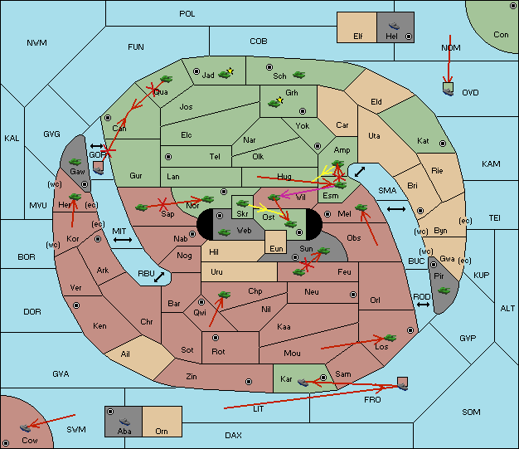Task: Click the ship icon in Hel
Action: tap(394, 26)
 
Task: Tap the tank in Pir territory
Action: tap(444, 290)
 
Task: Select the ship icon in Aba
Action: tap(124, 422)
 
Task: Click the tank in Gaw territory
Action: tap(75, 162)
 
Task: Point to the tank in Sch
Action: tap(299, 74)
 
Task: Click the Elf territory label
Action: tap(358, 37)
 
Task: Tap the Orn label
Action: tap(162, 431)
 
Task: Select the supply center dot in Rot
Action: tap(216, 338)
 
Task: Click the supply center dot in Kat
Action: tap(443, 144)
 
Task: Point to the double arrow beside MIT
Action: tap(123, 240)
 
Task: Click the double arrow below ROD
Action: tap(423, 305)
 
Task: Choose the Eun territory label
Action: tap(276, 248)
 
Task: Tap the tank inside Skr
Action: tap(243, 203)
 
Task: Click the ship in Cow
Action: tap(25, 427)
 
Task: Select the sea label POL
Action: tap(187, 14)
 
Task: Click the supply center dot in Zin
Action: tap(249, 382)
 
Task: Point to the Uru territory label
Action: tap(216, 272)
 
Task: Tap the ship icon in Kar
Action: tap(303, 383)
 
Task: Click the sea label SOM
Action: tap(471, 412)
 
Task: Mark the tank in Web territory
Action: tap(225, 232)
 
